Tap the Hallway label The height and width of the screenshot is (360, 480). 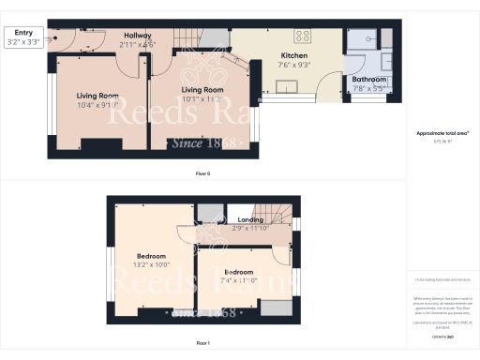click(137, 36)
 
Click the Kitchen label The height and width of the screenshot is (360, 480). click(294, 55)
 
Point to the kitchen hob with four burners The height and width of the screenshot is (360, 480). click(304, 37)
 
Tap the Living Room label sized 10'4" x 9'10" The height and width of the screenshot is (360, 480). click(97, 95)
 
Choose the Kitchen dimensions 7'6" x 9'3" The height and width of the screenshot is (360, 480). click(294, 66)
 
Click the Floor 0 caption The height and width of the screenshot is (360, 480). click(202, 174)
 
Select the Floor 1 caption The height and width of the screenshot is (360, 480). click(202, 344)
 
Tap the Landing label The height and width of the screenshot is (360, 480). click(250, 219)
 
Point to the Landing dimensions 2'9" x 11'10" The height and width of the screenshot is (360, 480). click(250, 228)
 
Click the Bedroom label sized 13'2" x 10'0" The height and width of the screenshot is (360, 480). click(151, 256)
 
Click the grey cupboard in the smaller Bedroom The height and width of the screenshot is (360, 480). click(276, 307)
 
